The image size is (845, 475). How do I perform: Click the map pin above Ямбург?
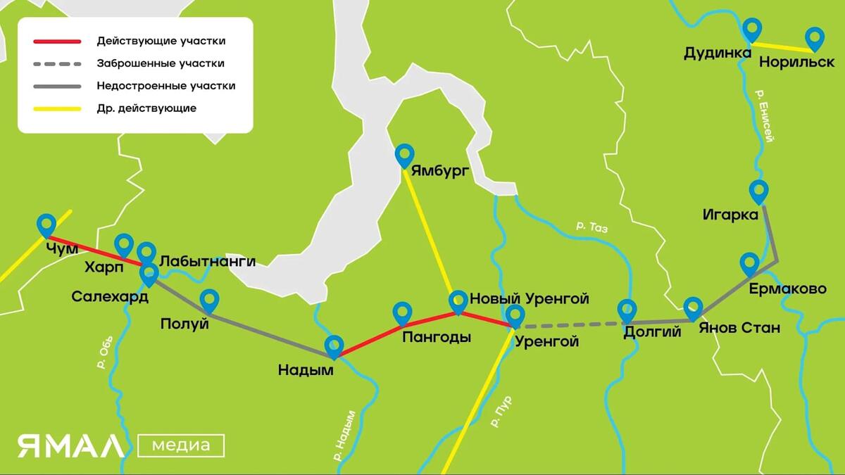coord(405,155)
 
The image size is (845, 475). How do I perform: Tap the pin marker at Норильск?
coord(815,38)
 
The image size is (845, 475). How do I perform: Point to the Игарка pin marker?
coord(758,191)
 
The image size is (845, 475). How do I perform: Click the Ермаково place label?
coord(787,289)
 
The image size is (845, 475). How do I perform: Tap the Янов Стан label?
coord(739,328)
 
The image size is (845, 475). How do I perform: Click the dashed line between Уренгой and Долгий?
coord(570,325)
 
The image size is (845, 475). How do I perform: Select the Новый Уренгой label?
coord(529,299)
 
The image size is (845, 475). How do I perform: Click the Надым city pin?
coord(334,346)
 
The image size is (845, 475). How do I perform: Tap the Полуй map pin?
coord(209,300)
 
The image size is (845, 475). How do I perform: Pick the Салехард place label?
coord(110,297)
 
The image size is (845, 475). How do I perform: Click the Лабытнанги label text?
coord(207,261)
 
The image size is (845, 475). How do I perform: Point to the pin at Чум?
coord(46,224)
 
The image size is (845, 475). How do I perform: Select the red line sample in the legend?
coord(57,41)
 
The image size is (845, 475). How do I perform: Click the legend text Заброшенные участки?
coord(161,63)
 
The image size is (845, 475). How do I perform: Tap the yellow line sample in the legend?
coord(57,108)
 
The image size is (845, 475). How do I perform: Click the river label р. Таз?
coord(591,227)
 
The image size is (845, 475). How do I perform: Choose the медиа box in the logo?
coord(181,445)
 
